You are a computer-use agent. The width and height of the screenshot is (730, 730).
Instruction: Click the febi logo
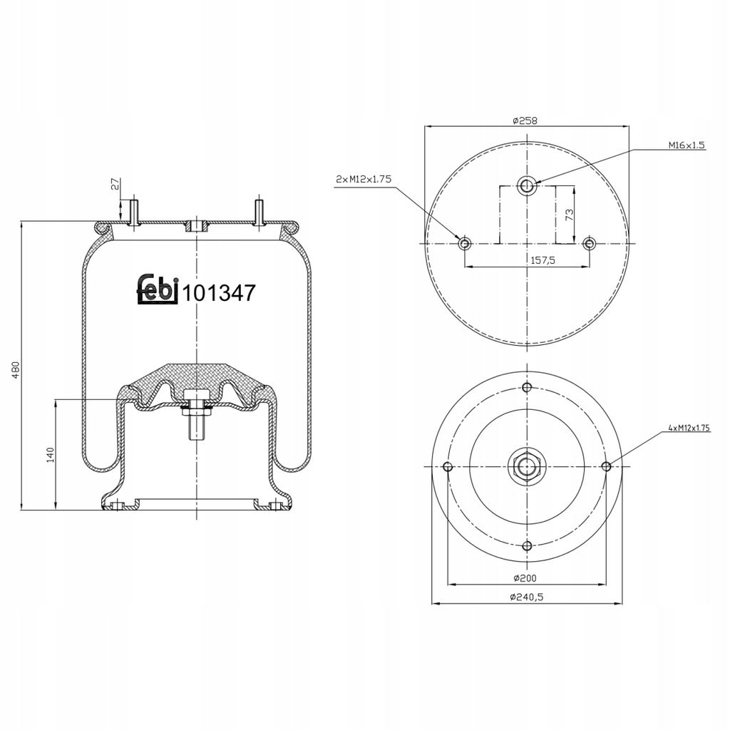pos(158,289)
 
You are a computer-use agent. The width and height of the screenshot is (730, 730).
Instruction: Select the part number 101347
pos(219,293)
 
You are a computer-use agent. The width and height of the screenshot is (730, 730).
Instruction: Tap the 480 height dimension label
pos(16,369)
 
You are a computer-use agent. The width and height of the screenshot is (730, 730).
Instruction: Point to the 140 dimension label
pos(51,454)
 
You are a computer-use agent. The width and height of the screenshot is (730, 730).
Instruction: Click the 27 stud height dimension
pos(115,183)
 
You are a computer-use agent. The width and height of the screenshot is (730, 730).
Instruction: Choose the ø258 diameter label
pos(525,120)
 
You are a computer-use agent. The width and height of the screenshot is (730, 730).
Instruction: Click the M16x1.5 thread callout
pos(687,145)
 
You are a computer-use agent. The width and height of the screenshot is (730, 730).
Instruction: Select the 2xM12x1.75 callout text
pos(364,179)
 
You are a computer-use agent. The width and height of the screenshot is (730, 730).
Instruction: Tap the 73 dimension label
pos(569,215)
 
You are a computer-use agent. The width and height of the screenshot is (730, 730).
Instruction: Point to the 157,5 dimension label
pos(543,260)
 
